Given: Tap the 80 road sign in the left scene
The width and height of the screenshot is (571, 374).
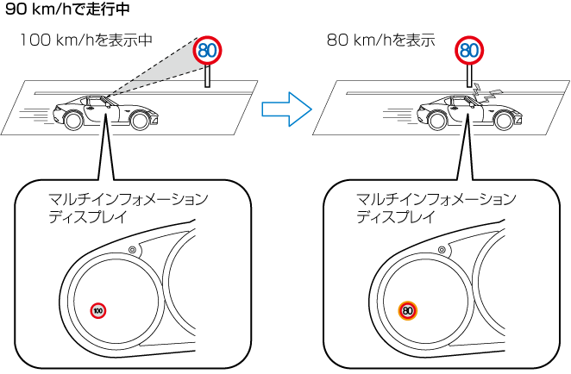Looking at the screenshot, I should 207,50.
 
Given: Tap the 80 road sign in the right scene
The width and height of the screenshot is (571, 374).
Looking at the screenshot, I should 468,50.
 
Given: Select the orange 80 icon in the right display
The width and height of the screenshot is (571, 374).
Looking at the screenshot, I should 408,309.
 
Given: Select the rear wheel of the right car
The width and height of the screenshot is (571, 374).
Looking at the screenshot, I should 436,120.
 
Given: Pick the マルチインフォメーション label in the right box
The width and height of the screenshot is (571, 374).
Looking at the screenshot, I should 436,199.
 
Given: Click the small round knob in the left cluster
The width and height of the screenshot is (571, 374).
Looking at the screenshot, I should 132,250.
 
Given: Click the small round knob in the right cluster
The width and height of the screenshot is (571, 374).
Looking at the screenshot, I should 440,250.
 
